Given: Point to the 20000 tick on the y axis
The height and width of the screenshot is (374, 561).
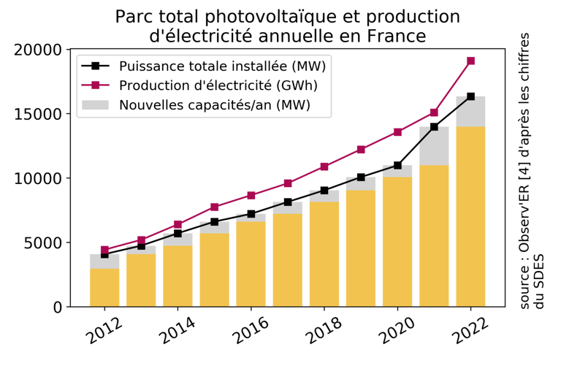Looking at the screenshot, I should tap(37, 50).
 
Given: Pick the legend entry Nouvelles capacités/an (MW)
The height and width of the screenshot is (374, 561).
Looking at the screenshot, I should tap(214, 105).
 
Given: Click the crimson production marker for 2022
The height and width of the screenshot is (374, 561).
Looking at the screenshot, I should tap(471, 61).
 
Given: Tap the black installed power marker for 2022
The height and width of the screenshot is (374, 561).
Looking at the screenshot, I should tap(471, 96).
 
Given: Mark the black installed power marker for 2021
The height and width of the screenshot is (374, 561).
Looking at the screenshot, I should tap(434, 127).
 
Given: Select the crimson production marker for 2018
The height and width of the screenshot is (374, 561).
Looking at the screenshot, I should tap(324, 167).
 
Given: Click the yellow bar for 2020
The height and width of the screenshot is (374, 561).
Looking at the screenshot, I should tap(397, 241).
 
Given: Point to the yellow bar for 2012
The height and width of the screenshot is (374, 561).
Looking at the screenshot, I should tap(104, 287).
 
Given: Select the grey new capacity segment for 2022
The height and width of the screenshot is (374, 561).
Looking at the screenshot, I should tap(471, 112).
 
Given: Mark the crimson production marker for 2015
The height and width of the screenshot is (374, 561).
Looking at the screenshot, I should tap(215, 207).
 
